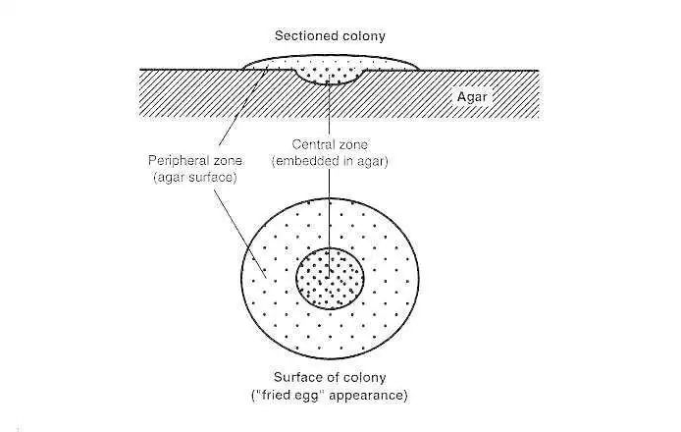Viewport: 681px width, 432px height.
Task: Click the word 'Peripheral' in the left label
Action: [181, 160]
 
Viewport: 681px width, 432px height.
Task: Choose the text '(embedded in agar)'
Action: [330, 161]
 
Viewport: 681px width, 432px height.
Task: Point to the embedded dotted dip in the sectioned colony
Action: [331, 74]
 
